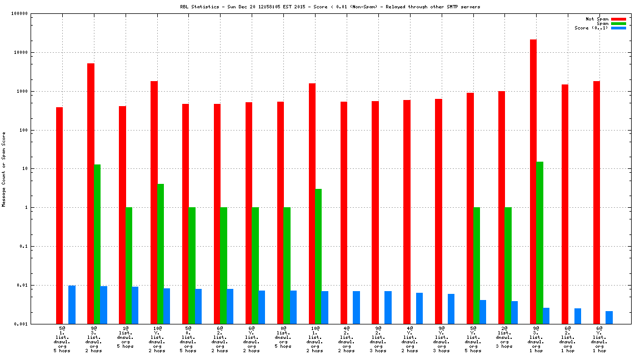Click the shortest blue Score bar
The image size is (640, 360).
click(x=609, y=317)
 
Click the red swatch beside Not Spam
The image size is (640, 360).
click(x=618, y=19)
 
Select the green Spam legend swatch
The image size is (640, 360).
click(x=618, y=23)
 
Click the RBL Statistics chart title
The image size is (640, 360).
click(x=330, y=7)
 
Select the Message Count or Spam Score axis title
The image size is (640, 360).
click(x=4, y=169)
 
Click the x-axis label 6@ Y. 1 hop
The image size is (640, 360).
click(x=599, y=339)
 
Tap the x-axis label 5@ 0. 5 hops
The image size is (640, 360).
click(x=188, y=339)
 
